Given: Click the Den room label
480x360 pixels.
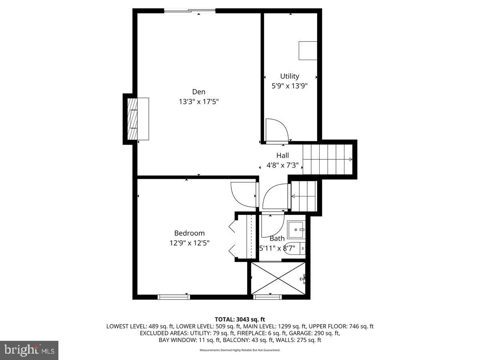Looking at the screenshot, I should [198, 92].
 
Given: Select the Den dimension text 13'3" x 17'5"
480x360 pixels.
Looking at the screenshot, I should [198, 102].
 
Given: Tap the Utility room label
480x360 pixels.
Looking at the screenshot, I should [289, 76].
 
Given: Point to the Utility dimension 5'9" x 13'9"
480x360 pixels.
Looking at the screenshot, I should [289, 86].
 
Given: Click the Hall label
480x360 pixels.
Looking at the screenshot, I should [282, 156].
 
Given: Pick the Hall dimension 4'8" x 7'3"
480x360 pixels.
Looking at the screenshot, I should [282, 165].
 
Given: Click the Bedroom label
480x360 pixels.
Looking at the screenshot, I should [189, 233].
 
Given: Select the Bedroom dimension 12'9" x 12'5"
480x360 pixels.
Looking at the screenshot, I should [189, 242].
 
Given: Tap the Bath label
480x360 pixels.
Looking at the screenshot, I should [277, 238].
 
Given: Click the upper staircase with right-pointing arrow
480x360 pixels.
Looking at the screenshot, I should [328, 160].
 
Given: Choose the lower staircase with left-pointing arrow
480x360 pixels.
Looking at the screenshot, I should [304, 196].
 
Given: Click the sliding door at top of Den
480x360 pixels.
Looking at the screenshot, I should [190, 11].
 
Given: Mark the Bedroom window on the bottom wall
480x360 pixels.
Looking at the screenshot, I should [174, 297].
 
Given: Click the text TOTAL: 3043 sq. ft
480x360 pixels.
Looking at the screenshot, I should [240, 319].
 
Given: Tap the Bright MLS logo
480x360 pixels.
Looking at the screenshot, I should [29, 350].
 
